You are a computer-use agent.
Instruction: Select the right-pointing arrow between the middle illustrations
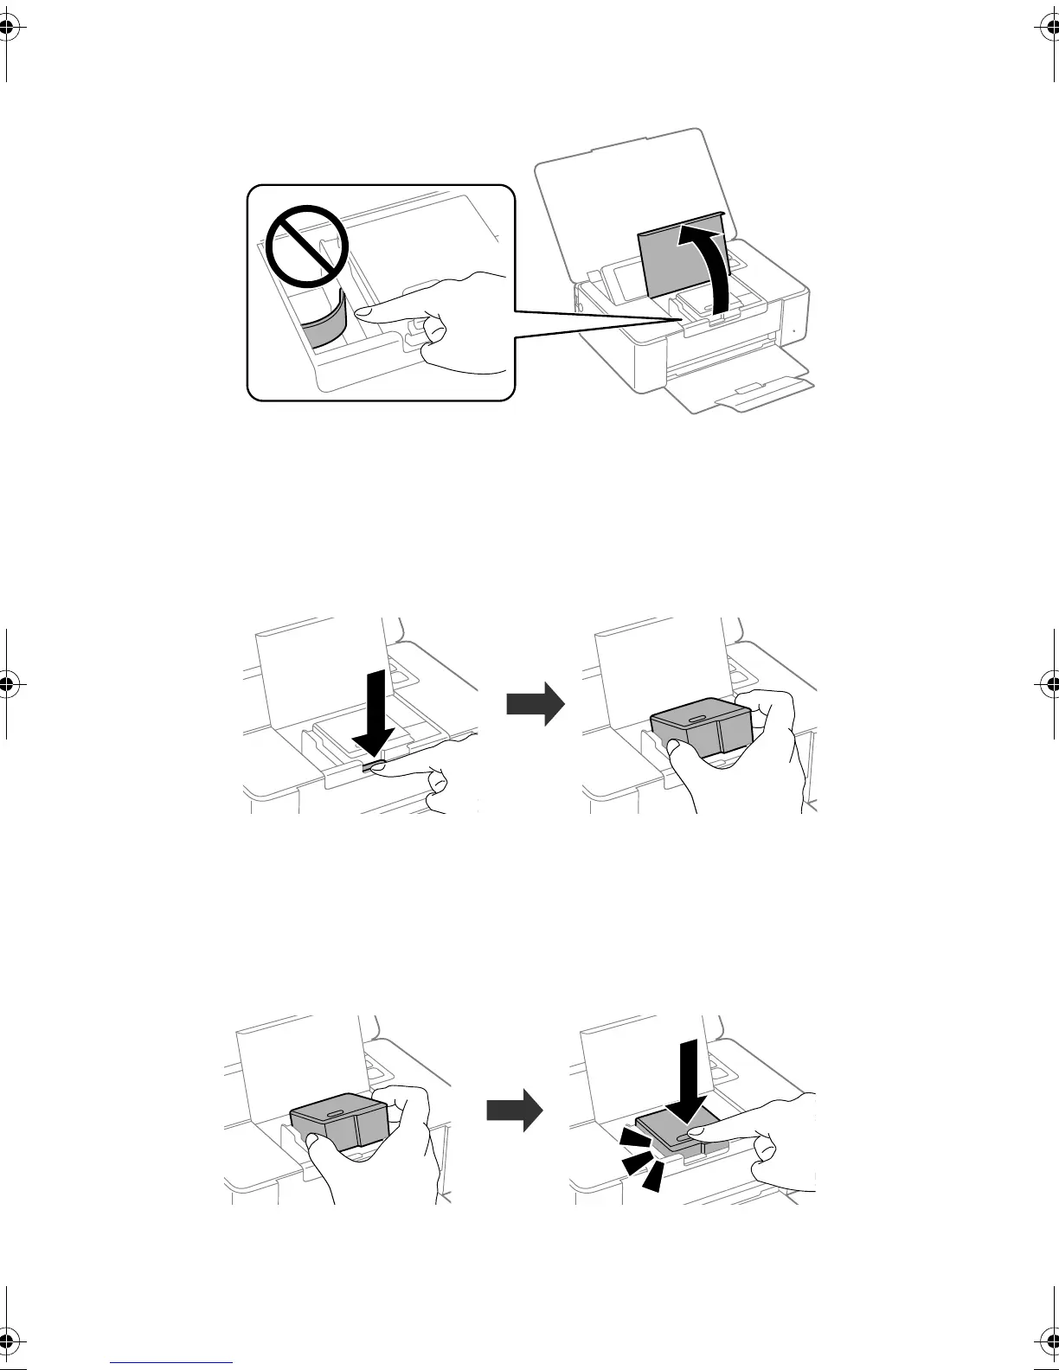pyautogui.click(x=535, y=706)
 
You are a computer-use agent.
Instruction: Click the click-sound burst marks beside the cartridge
pyautogui.click(x=637, y=1159)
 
